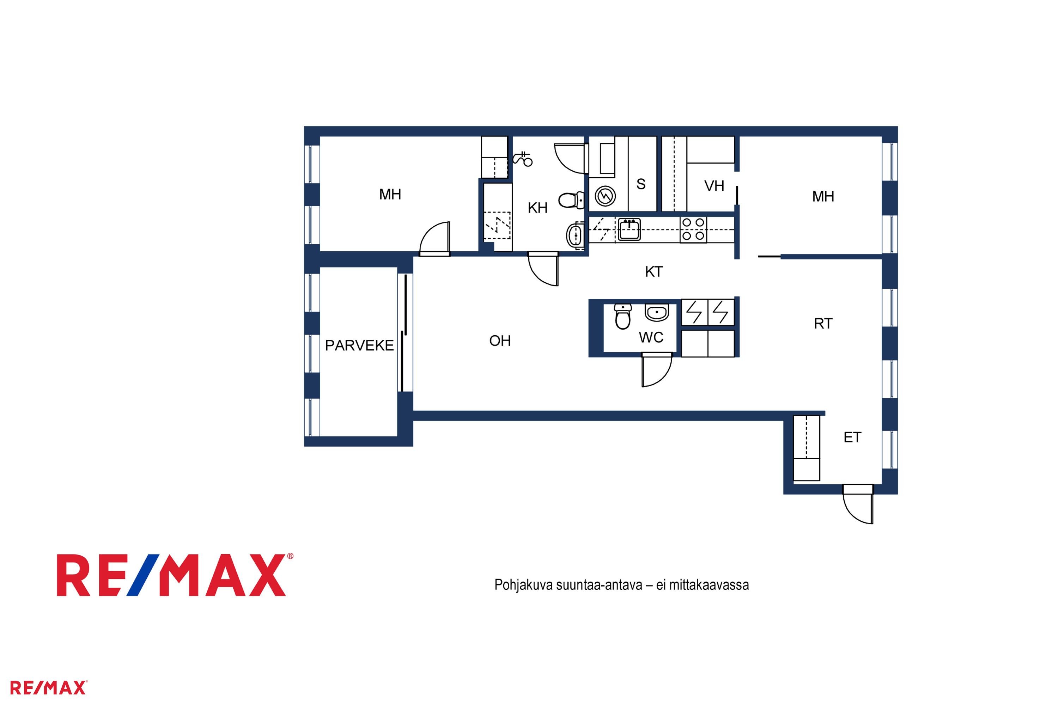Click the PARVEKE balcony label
359,345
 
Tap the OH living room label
500,341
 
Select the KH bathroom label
537,208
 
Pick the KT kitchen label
653,271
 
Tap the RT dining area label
823,324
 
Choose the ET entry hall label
852,437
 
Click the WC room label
651,337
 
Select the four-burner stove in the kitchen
693,230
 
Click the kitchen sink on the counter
629,230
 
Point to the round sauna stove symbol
604,196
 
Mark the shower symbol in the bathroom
523,159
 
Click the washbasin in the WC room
657,312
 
